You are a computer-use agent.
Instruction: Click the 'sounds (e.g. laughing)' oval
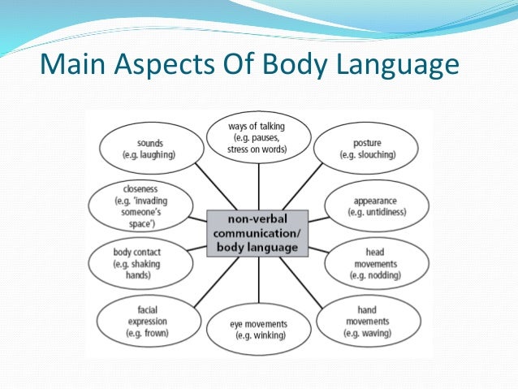pyautogui.click(x=150, y=148)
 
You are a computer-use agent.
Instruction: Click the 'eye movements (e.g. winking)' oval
pyautogui.click(x=259, y=330)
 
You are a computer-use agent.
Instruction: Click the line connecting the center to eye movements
pyautogui.click(x=259, y=279)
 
